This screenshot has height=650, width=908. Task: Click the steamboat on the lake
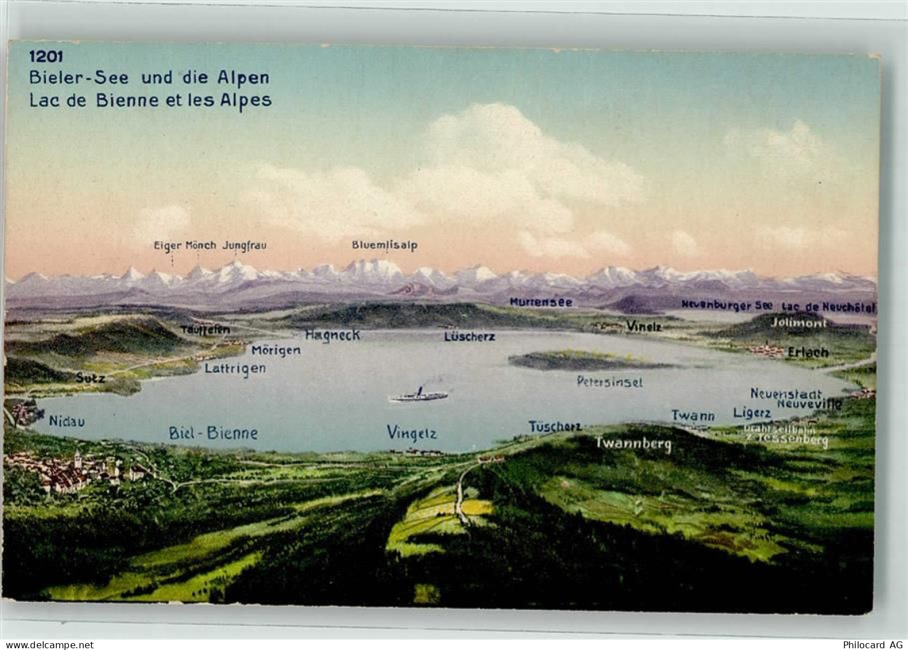418,395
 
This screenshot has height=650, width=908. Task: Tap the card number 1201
47,56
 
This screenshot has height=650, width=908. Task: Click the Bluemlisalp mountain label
384,245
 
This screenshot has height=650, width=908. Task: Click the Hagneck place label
333,335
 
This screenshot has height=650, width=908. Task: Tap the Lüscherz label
469,337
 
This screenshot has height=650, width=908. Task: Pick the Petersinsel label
609,382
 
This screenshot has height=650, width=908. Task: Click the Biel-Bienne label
213,433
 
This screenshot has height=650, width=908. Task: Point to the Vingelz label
412,433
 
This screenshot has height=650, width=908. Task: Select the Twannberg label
632,444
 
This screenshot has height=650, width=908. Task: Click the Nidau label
67,421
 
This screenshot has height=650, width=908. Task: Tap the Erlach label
808,352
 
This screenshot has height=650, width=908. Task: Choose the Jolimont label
799,324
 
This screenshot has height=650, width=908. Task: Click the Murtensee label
540,302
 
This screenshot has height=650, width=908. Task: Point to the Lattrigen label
235,368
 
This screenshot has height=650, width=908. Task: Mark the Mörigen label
276,350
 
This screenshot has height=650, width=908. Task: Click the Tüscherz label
555,426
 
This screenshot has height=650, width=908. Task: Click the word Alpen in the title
241,78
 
